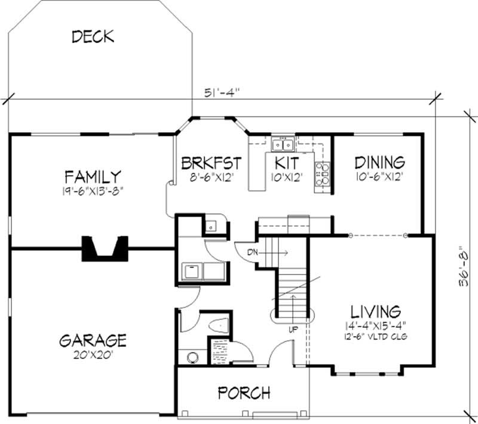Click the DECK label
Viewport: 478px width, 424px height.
click(x=93, y=36)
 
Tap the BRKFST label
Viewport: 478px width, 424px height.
click(x=211, y=163)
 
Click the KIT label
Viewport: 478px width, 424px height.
click(x=286, y=163)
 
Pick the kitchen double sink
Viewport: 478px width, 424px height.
click(x=281, y=144)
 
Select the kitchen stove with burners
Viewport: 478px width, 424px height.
click(x=323, y=172)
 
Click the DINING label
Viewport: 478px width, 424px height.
click(x=379, y=162)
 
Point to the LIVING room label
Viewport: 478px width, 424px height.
click(x=375, y=311)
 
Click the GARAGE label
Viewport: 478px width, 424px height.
click(x=93, y=340)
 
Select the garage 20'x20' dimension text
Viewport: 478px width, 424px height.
click(x=93, y=354)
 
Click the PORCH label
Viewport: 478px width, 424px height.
click(x=244, y=393)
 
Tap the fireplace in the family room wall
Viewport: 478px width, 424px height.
click(x=105, y=248)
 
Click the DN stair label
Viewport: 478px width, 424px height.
click(x=252, y=252)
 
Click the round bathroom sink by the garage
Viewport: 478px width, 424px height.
click(x=192, y=357)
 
